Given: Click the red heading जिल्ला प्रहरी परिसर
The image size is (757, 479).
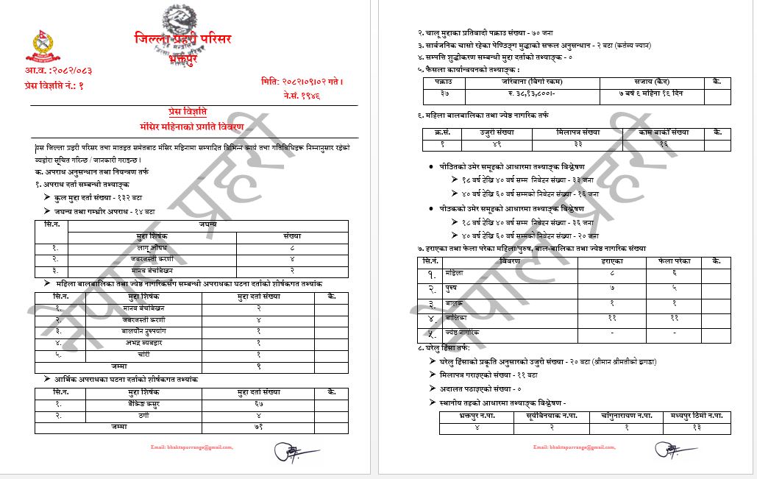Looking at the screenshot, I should tap(182, 38).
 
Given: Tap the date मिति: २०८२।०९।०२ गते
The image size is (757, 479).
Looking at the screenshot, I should tap(302, 81).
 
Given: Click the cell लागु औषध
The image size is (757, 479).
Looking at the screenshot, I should tap(152, 248).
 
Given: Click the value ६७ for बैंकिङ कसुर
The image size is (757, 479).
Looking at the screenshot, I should tap(259, 404).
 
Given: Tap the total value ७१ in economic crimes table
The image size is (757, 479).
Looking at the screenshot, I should tap(259, 426).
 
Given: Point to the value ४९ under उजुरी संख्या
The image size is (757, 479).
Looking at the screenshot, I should tap(497, 144).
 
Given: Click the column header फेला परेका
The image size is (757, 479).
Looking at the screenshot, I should tap(674, 261).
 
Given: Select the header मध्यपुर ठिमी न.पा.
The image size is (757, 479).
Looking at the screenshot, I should tap(691, 416).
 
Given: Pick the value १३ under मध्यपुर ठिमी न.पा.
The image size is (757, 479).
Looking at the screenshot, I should tap(696, 427).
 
